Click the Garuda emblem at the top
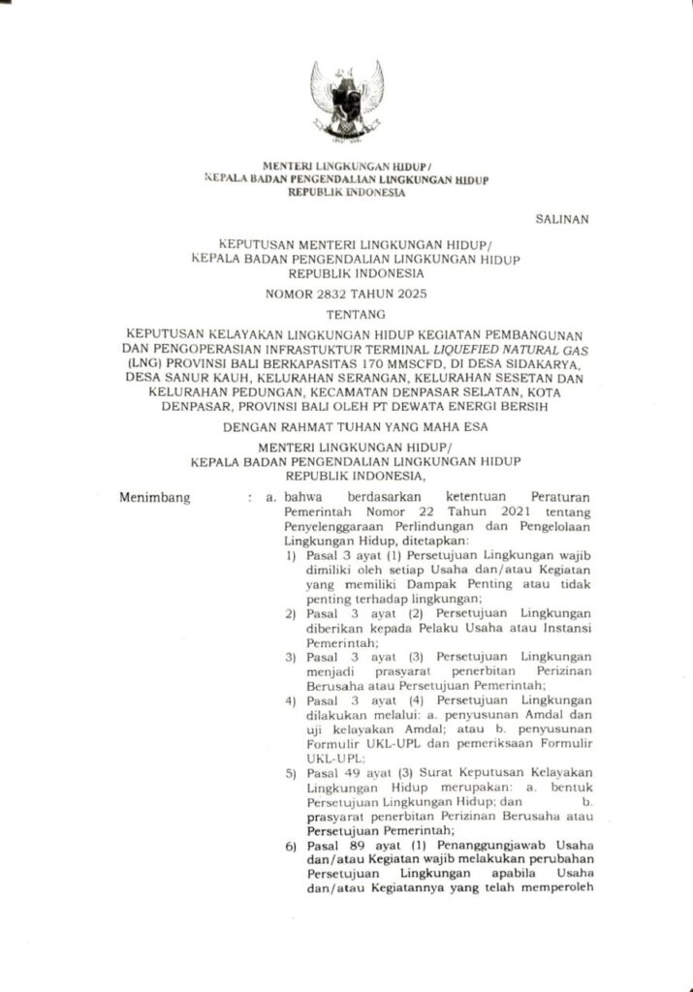pyautogui.click(x=346, y=101)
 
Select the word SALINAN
pyautogui.click(x=562, y=219)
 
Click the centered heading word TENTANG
pyautogui.click(x=346, y=314)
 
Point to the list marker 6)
pyautogui.click(x=291, y=846)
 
